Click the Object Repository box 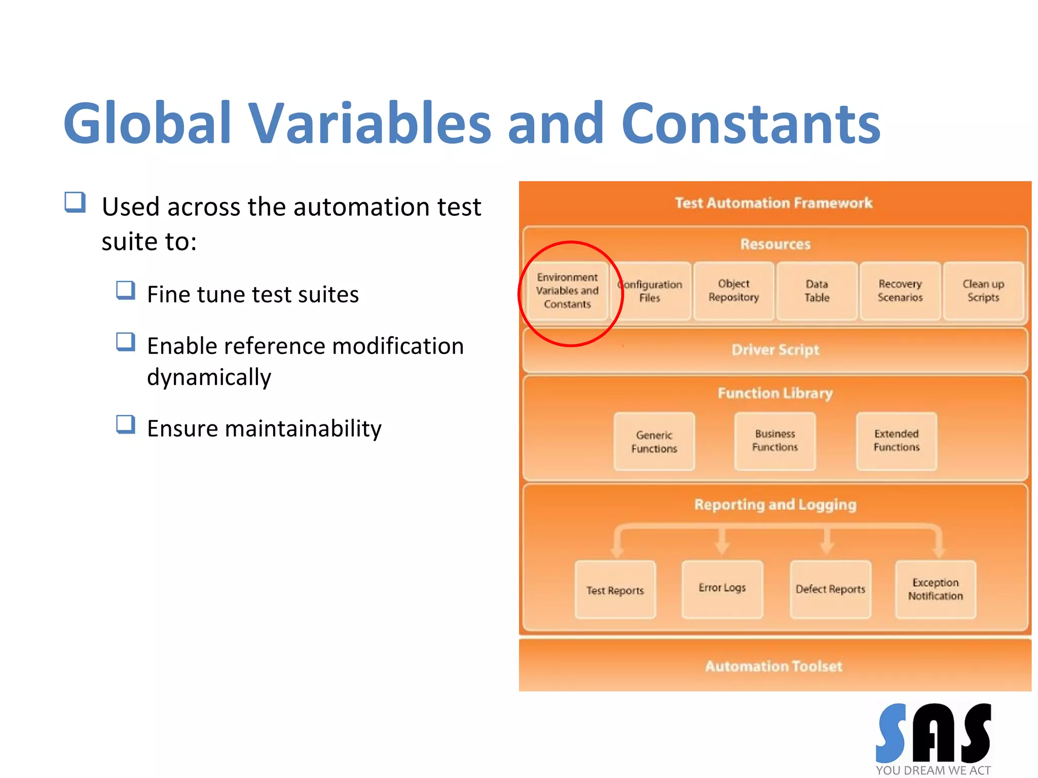(733, 291)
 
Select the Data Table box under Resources (817, 291)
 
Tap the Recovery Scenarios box (900, 291)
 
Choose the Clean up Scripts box (983, 291)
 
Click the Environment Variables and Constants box (567, 291)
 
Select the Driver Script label (775, 349)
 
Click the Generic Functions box (654, 442)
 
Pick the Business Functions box (774, 441)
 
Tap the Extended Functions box (896, 441)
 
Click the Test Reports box (615, 590)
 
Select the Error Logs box (722, 589)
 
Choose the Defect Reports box (830, 589)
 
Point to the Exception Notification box (935, 589)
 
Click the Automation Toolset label (773, 666)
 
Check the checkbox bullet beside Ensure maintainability (125, 424)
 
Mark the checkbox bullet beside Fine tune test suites (125, 291)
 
